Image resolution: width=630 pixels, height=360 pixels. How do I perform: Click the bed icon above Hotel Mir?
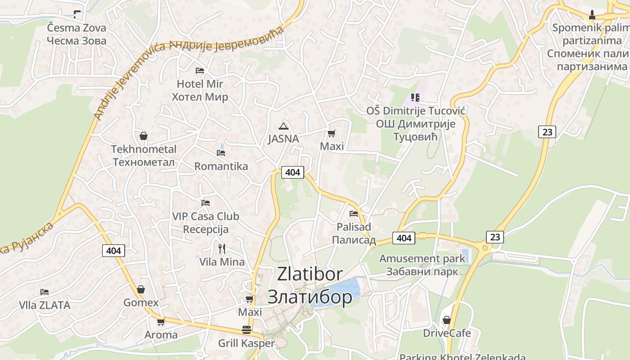point(200,71)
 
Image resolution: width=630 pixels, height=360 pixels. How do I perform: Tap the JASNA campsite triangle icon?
point(283,126)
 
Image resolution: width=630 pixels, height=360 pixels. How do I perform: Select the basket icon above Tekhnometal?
point(144,135)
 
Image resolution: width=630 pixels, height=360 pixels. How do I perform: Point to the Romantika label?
point(221,166)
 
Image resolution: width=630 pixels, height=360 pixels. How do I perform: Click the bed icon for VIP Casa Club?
point(206,203)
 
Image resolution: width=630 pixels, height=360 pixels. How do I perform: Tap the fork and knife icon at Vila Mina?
point(221,248)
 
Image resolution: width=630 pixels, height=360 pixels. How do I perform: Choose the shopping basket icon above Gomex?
point(141,289)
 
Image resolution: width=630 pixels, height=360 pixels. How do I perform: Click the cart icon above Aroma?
point(161,322)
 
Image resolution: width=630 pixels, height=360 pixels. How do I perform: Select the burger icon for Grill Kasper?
point(246,330)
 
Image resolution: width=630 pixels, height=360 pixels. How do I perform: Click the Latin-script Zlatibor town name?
point(310,274)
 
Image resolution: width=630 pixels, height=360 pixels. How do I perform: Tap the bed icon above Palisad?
point(354,214)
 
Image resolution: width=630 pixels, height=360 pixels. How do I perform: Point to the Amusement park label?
point(422,259)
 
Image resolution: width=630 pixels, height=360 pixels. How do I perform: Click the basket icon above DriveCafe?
point(447,320)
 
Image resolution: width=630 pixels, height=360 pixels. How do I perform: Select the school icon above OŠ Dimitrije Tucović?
point(415,97)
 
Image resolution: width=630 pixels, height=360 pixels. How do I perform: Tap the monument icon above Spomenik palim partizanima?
point(592,15)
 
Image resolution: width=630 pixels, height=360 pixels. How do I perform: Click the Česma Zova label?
point(76,28)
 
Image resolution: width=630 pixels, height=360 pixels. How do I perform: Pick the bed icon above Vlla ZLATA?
point(44,292)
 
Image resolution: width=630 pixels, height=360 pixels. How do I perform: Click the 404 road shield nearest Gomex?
point(113,251)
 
